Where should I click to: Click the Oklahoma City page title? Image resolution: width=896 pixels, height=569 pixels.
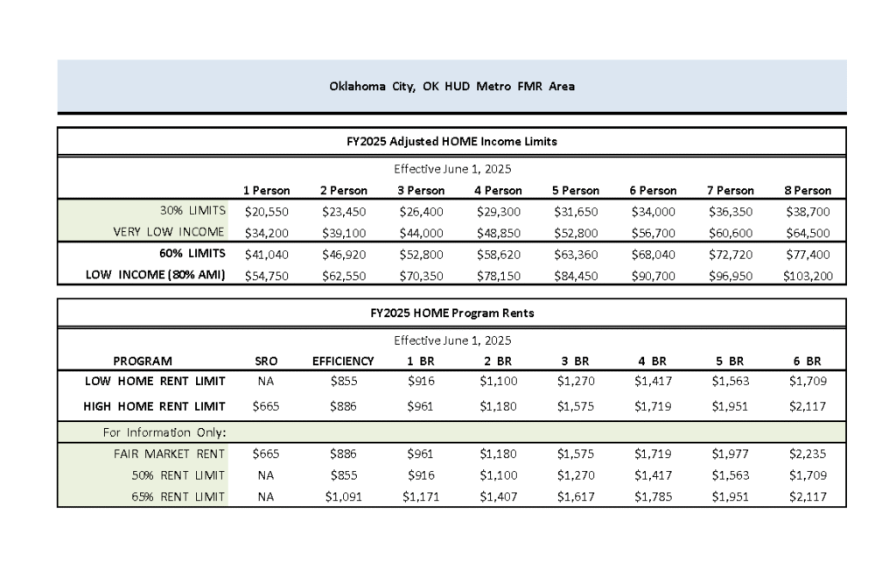point(451,87)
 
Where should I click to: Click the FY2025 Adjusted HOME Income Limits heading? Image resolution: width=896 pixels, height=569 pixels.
point(451,141)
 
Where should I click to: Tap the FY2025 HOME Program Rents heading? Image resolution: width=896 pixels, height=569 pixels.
point(451,313)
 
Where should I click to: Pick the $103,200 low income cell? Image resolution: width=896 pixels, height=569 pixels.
point(809,276)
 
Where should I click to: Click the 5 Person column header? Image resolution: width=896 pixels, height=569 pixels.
point(576,190)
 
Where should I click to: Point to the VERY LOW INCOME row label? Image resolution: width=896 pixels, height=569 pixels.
point(169,232)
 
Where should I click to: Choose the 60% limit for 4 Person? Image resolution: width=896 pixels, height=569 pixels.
point(499,254)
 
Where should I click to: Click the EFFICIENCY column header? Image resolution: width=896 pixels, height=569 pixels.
point(343,361)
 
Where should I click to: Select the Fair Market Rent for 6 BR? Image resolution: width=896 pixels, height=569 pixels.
point(808,453)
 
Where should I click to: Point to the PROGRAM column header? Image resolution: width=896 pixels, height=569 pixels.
point(143,361)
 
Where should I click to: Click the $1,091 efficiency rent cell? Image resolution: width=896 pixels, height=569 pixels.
point(343,496)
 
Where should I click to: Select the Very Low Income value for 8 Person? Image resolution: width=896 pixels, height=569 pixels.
point(809,232)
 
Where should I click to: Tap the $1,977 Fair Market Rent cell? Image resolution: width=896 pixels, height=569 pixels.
point(729,453)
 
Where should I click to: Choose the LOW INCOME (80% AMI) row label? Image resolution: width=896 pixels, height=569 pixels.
point(155,276)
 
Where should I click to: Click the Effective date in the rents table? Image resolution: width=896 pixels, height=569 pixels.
point(451,340)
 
